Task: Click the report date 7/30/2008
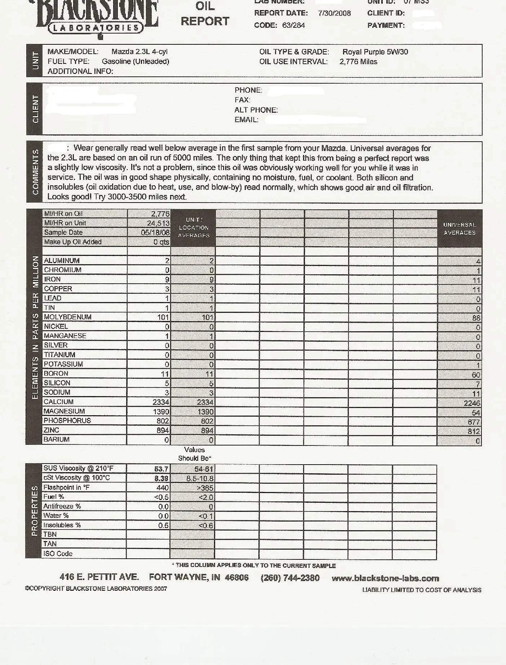pos(334,13)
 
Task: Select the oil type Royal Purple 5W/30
pos(375,52)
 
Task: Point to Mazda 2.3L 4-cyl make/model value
pos(139,52)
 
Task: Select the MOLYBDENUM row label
pos(68,317)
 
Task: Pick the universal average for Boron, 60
pos(476,375)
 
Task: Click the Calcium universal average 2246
pos(472,403)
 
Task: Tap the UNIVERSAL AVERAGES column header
pos(460,229)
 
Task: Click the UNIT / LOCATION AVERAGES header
pos(194,227)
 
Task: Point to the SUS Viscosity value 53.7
pos(161,469)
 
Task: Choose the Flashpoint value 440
pos(162,488)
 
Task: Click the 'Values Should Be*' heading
pos(194,454)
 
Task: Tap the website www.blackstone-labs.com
pos(385,578)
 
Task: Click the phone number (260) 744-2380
pos(290,578)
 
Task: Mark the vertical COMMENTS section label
pos(35,172)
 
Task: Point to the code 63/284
pos(294,25)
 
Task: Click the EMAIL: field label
pos(247,120)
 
